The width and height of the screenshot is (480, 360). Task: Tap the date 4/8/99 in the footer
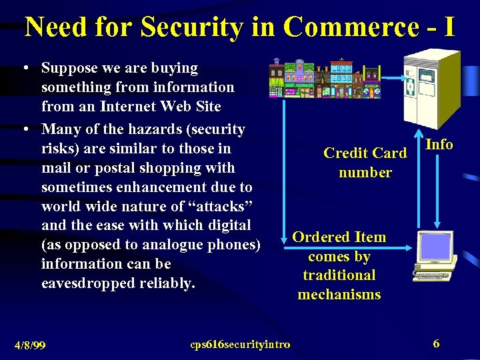(29, 345)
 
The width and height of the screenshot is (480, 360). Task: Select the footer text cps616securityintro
(240, 344)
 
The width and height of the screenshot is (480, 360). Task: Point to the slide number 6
(436, 343)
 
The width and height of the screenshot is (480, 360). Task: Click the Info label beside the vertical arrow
(439, 144)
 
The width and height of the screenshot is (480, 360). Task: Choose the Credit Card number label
(365, 163)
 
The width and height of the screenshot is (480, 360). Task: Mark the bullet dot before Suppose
(24, 68)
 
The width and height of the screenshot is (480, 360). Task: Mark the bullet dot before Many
(24, 129)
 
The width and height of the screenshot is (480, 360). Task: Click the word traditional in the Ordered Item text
(339, 275)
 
